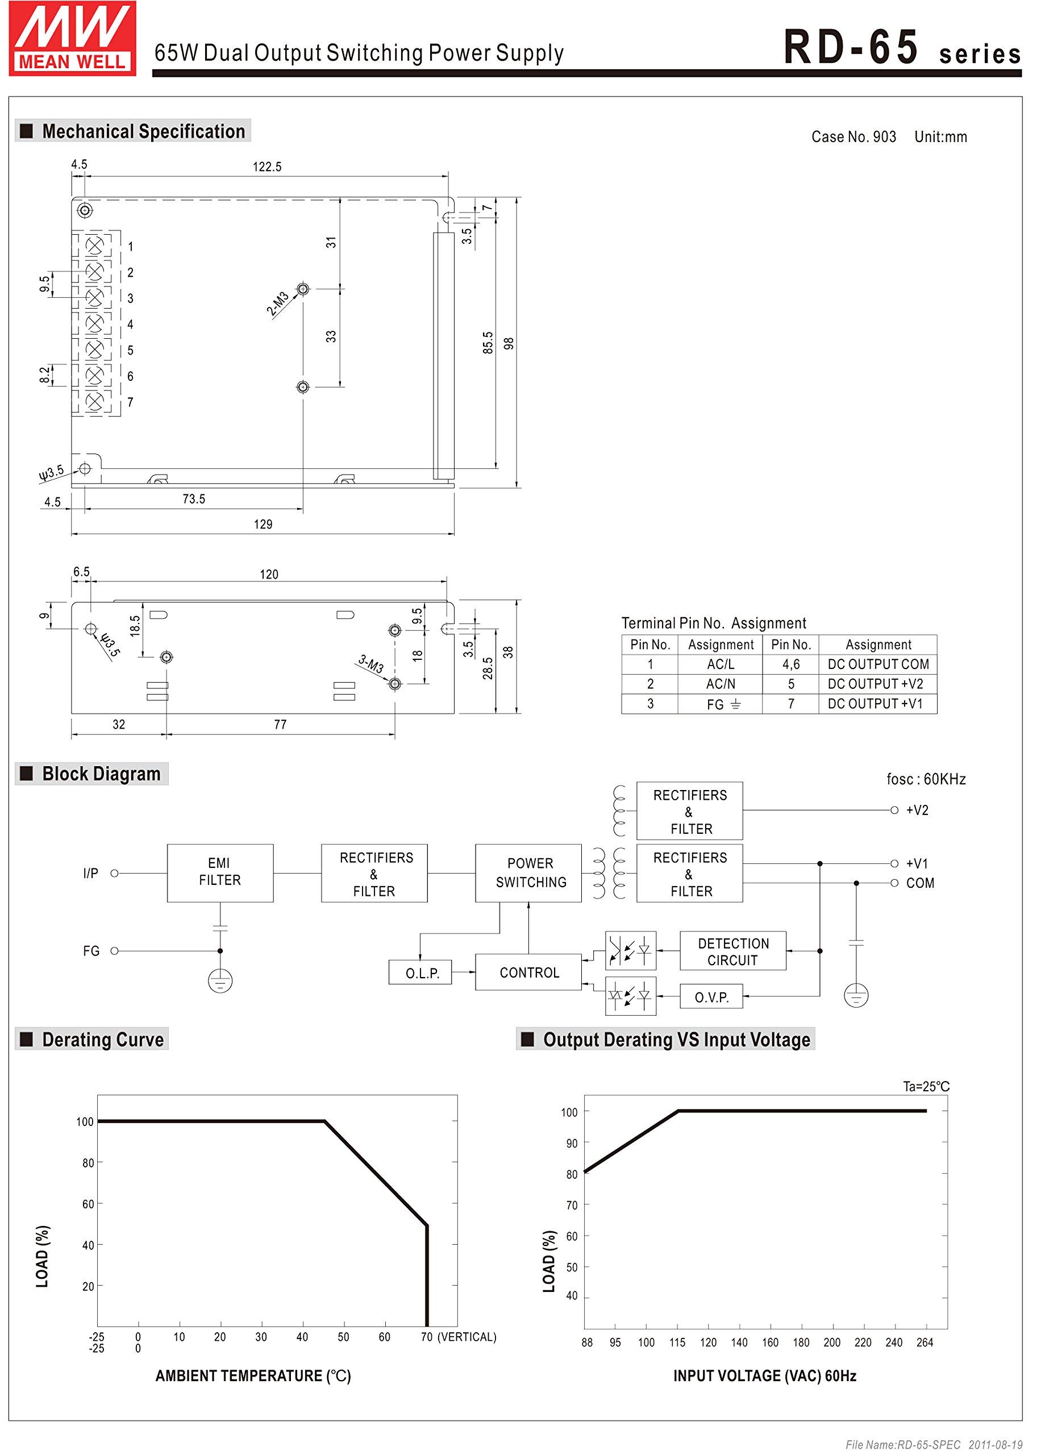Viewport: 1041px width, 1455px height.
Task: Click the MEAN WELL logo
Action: (72, 39)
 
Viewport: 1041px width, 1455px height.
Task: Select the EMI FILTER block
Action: (220, 872)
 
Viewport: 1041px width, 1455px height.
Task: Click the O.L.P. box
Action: (420, 973)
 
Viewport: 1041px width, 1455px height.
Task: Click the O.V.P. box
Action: (711, 997)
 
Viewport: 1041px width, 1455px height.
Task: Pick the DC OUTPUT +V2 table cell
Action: (877, 684)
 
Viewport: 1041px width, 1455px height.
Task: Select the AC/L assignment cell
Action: (720, 664)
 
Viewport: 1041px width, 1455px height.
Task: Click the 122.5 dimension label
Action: (267, 167)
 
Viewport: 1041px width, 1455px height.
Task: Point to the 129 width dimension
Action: (263, 525)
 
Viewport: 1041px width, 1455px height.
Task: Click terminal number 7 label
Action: (131, 402)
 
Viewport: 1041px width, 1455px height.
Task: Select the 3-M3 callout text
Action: (370, 664)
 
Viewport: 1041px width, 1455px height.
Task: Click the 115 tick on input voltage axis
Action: (677, 1343)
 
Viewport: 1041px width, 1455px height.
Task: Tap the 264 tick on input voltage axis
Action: (925, 1343)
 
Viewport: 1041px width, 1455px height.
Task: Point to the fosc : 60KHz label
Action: (926, 779)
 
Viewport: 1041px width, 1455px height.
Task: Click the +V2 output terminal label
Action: (917, 810)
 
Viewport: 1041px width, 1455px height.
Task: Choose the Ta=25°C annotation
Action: (926, 1087)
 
